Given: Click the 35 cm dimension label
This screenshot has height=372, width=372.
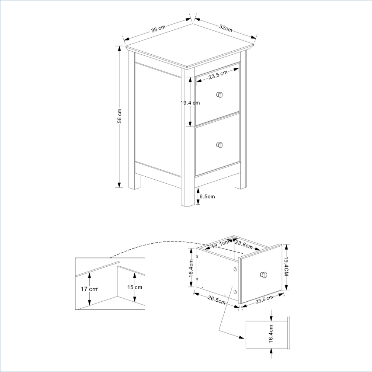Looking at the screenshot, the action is point(158,29).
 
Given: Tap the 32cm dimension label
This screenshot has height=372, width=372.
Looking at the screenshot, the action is point(226,28).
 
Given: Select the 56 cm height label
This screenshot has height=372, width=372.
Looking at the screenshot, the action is point(119,116).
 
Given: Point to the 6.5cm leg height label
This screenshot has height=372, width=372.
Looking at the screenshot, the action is point(207,196).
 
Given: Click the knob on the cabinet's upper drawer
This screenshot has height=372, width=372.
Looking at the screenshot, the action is point(220,95).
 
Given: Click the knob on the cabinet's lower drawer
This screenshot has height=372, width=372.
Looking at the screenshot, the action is point(220,145).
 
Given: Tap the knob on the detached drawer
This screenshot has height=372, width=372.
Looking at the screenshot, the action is point(263,275).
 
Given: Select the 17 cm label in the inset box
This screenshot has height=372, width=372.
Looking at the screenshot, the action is point(89,289).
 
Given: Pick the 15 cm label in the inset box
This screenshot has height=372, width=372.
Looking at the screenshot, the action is point(135,287).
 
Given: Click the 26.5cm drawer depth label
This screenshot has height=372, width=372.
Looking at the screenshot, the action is point(217,300).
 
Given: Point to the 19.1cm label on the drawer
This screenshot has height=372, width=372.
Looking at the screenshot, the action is point(220,244).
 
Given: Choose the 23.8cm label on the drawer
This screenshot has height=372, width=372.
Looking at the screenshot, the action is point(244,245).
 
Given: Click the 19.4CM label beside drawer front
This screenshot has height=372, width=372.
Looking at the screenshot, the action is point(286,266).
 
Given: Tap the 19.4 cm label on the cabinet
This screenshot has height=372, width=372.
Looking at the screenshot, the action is point(190,103).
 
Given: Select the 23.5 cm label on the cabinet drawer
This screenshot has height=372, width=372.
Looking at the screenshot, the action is point(218,75).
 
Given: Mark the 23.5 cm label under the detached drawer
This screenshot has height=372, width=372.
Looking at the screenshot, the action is point(264,299).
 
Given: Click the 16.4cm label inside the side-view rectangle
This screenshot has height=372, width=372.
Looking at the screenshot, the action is point(271,334).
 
